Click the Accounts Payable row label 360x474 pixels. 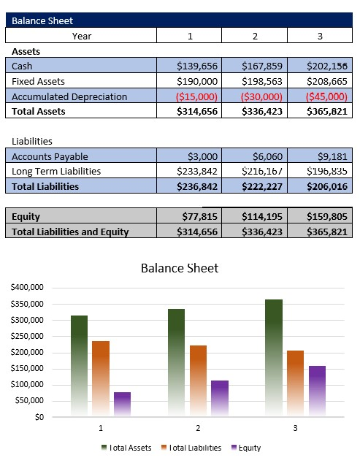tap(50, 156)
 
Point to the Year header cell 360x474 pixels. tap(81, 36)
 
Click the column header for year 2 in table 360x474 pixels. tap(255, 36)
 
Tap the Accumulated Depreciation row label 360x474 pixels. tap(69, 96)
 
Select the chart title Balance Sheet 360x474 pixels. tap(179, 268)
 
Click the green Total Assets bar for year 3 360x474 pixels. tap(273, 358)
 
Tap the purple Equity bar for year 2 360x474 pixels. tap(219, 398)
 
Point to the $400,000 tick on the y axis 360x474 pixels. tap(27, 288)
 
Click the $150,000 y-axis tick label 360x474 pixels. tap(27, 369)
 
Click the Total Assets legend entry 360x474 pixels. tap(130, 448)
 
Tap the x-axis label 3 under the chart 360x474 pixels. tap(295, 428)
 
